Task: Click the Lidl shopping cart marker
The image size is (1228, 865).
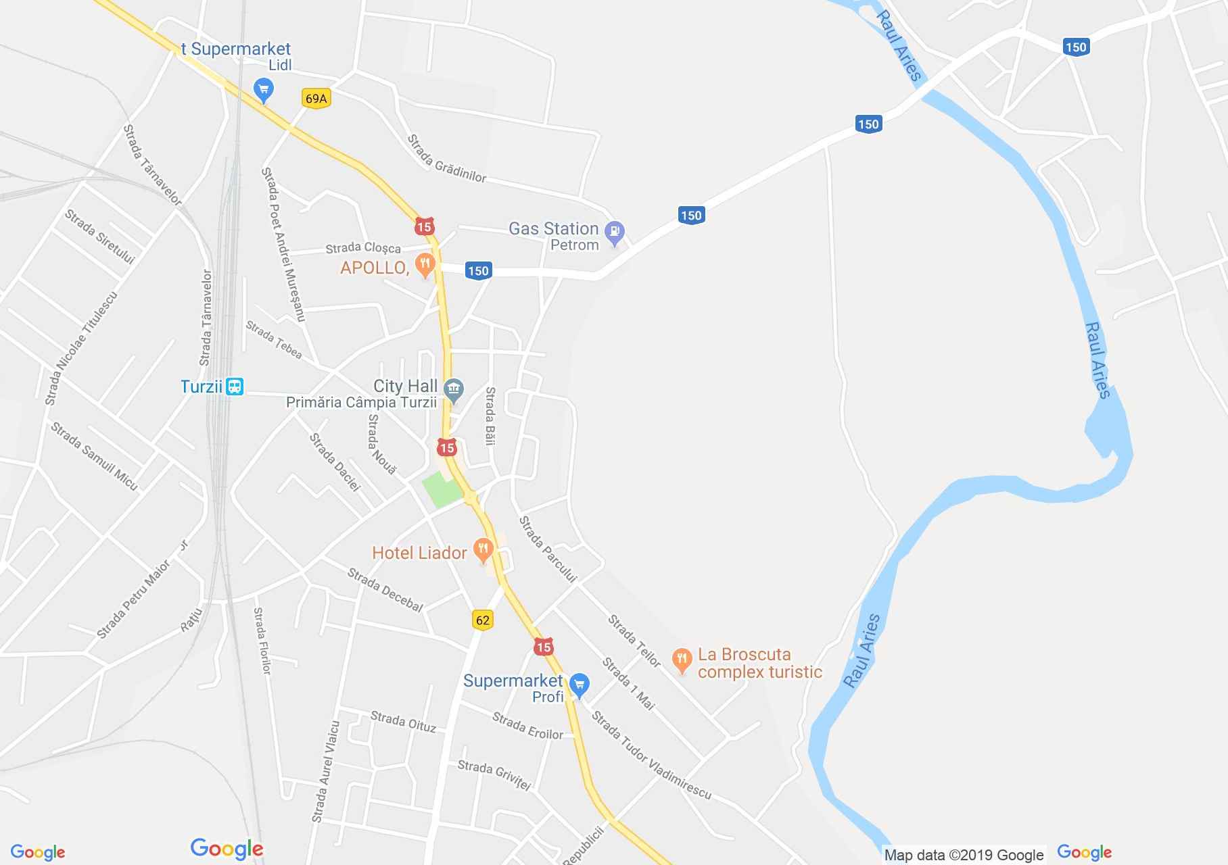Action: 264,89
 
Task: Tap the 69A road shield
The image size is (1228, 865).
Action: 316,99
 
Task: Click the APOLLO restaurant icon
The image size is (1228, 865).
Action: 425,265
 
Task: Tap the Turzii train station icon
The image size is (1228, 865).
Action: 235,387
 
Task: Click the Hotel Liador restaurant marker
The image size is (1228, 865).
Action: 482,549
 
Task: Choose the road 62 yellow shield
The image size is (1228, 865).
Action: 482,620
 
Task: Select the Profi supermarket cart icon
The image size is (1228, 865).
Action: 579,685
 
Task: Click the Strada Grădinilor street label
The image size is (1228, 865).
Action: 446,159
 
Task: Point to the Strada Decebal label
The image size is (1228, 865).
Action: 385,590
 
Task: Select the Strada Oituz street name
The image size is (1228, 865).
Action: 403,722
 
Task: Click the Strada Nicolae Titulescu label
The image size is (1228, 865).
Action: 81,349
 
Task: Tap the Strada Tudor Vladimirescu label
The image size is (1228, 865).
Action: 651,755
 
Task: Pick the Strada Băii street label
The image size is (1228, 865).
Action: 490,416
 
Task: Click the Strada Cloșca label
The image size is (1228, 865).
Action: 363,249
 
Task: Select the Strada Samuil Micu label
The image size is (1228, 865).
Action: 94,456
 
